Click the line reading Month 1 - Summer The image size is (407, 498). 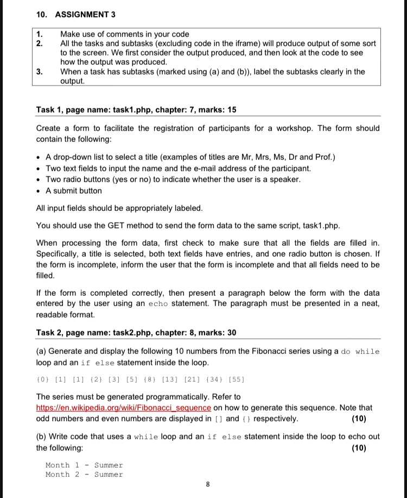point(84,465)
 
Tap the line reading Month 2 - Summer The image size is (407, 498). point(84,475)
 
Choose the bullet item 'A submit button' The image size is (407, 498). point(74,191)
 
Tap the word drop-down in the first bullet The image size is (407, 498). point(74,158)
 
